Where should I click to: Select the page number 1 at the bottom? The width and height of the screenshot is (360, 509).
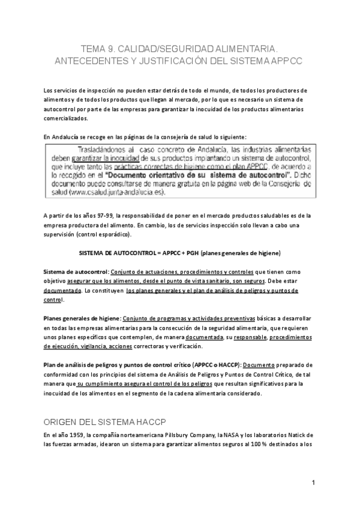pos(313,483)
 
